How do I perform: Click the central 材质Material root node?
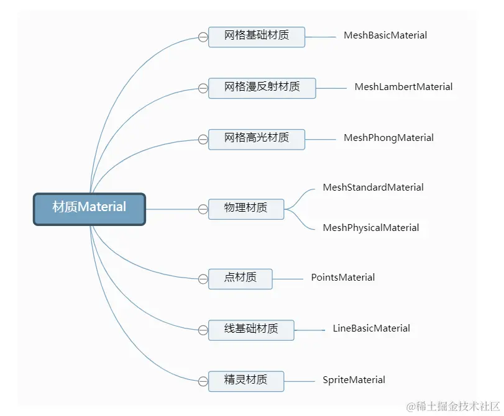[x=89, y=208]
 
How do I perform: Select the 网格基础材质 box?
[x=257, y=36]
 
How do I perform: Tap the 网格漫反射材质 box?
[x=262, y=88]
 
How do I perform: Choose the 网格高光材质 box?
[x=257, y=138]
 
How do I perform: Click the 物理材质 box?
[x=245, y=209]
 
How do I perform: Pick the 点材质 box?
[x=240, y=278]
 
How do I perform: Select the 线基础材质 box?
[x=250, y=329]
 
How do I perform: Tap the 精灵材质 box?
[x=245, y=381]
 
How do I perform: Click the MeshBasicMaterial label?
[x=385, y=36]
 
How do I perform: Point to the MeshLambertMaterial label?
[x=403, y=88]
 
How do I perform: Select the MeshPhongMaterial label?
[x=388, y=138]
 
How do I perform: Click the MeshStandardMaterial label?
[x=373, y=188]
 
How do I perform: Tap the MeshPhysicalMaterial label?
[x=371, y=228]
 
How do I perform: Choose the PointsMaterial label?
[x=343, y=278]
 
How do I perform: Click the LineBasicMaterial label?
[x=371, y=329]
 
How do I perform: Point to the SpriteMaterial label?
[x=354, y=381]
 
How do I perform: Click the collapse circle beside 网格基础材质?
[x=203, y=37]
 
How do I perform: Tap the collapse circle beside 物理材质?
[x=203, y=210]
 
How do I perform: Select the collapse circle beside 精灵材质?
[x=203, y=381]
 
